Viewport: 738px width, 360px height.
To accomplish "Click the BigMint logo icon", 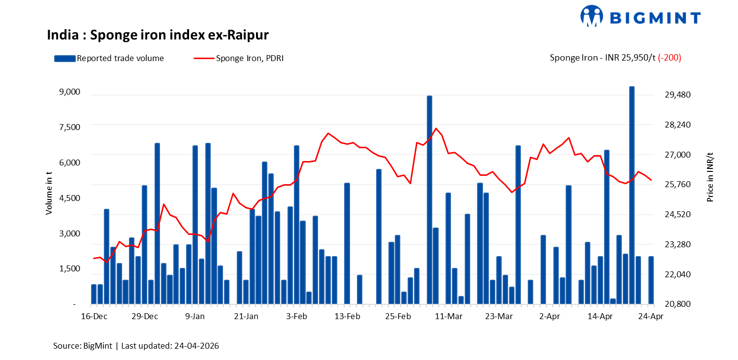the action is point(592,15).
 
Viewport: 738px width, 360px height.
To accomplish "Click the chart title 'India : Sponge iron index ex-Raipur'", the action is point(158,35).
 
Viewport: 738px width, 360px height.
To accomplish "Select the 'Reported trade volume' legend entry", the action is point(109,58).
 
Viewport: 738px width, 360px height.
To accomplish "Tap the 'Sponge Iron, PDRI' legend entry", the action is point(238,58).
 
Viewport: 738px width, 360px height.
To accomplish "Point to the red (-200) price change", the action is point(670,58).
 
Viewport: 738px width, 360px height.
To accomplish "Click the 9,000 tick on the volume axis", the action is point(69,92).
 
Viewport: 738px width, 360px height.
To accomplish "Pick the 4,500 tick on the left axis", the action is point(69,198).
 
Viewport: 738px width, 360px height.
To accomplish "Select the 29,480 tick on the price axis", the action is point(678,95).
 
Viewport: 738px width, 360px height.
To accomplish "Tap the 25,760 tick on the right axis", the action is point(678,184).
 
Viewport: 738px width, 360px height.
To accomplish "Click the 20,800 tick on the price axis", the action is point(678,304).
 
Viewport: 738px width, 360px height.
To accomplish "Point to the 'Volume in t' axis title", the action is point(49,193).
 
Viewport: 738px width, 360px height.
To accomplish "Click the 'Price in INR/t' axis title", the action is point(710,177).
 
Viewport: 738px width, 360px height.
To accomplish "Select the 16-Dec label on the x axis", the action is point(94,317).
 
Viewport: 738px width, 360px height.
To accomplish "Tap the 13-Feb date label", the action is point(347,317).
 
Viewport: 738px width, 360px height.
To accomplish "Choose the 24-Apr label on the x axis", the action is point(651,317).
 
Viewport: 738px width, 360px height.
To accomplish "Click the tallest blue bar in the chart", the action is point(632,195).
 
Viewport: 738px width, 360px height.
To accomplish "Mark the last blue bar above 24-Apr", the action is point(651,280).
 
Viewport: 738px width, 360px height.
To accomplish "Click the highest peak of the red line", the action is point(436,128).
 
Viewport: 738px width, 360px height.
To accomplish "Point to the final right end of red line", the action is point(651,180).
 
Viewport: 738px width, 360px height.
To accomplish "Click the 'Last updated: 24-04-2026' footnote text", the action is point(170,346).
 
